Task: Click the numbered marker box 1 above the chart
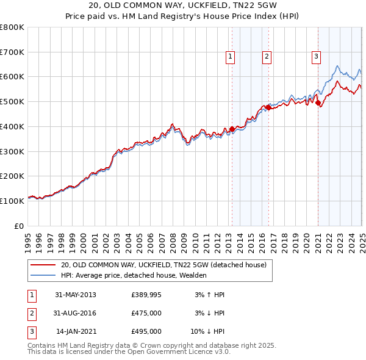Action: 231,57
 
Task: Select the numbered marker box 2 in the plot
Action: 267,57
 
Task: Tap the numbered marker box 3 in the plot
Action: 317,57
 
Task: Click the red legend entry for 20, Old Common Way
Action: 163,265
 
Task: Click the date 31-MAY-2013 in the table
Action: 76,295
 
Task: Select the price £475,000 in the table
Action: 146,313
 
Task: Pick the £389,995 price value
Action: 146,295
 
